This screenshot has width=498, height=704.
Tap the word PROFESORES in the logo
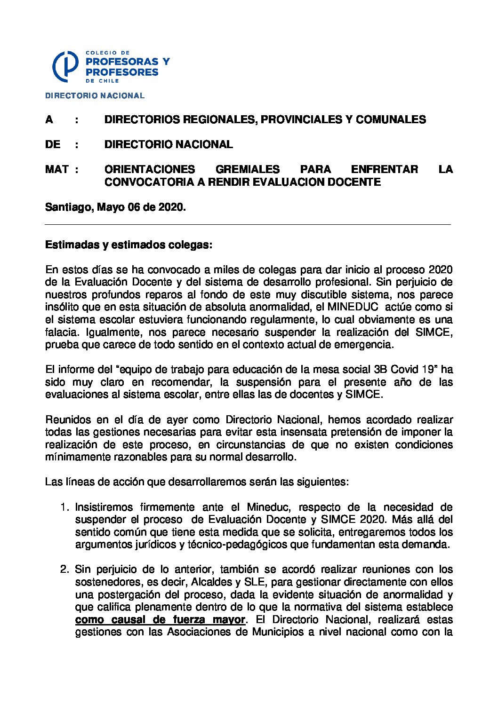pos(122,72)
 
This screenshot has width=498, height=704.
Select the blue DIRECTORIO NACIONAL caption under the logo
pos(95,95)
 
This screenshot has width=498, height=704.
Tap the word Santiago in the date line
pos(68,207)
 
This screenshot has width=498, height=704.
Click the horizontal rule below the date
pos(248,225)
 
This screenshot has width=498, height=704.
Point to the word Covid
pos(406,369)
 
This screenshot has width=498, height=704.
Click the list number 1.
pos(64,507)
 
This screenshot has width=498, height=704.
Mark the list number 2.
pos(64,570)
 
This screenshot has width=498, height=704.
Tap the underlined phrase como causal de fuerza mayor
pos(160,619)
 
